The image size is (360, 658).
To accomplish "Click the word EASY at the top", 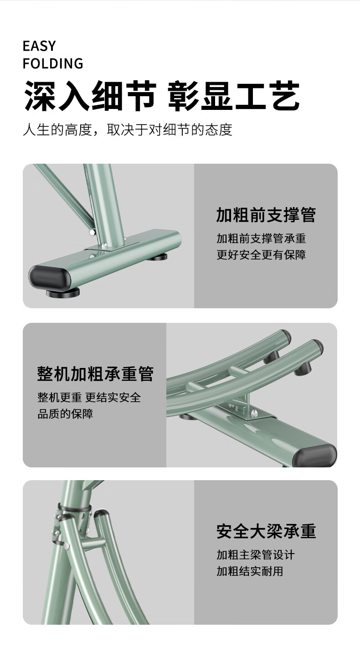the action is click(x=39, y=46).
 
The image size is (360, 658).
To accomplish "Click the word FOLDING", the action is click(x=53, y=64).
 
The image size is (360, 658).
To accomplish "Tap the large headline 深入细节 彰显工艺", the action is click(x=161, y=96).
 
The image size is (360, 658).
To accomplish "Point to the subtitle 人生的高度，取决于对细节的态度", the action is click(x=128, y=130).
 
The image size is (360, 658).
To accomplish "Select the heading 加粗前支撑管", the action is click(x=266, y=215).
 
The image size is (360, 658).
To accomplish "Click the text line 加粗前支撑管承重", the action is click(x=261, y=238).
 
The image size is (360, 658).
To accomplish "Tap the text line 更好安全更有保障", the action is click(x=261, y=255).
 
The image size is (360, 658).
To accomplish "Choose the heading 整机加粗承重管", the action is click(x=95, y=373).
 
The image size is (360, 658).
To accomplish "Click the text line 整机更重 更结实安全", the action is click(x=89, y=398).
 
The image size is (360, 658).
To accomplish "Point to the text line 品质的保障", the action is click(x=65, y=414).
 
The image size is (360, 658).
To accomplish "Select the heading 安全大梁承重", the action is click(x=266, y=531).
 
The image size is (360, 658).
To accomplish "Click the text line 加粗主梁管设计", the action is click(x=256, y=555).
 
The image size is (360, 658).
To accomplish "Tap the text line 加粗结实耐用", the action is click(x=250, y=571).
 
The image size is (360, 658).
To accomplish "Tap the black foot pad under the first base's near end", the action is click(x=63, y=293).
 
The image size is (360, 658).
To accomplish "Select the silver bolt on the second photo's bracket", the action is click(x=253, y=414).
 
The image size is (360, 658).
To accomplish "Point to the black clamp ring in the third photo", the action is click(x=74, y=508).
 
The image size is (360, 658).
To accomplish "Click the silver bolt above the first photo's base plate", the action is click(x=103, y=244).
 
